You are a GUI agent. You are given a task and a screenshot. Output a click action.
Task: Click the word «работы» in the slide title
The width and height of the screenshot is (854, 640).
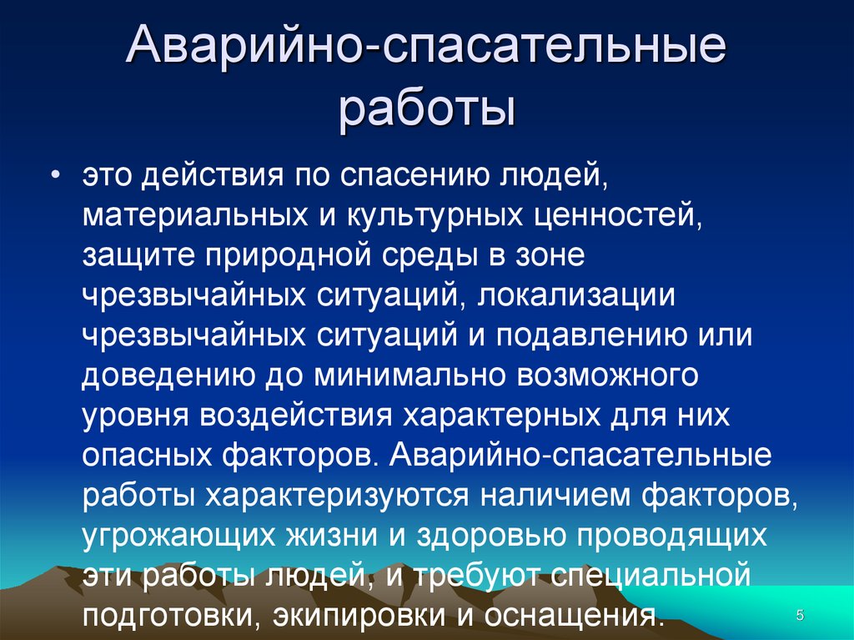426,108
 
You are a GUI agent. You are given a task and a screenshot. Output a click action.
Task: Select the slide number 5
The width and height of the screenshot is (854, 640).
800,615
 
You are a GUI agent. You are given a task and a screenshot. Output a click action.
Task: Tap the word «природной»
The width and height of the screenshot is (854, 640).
292,256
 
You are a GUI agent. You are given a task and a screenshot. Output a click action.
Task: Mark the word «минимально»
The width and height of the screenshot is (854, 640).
412,375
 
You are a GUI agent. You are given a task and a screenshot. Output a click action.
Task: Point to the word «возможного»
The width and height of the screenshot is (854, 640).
608,375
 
